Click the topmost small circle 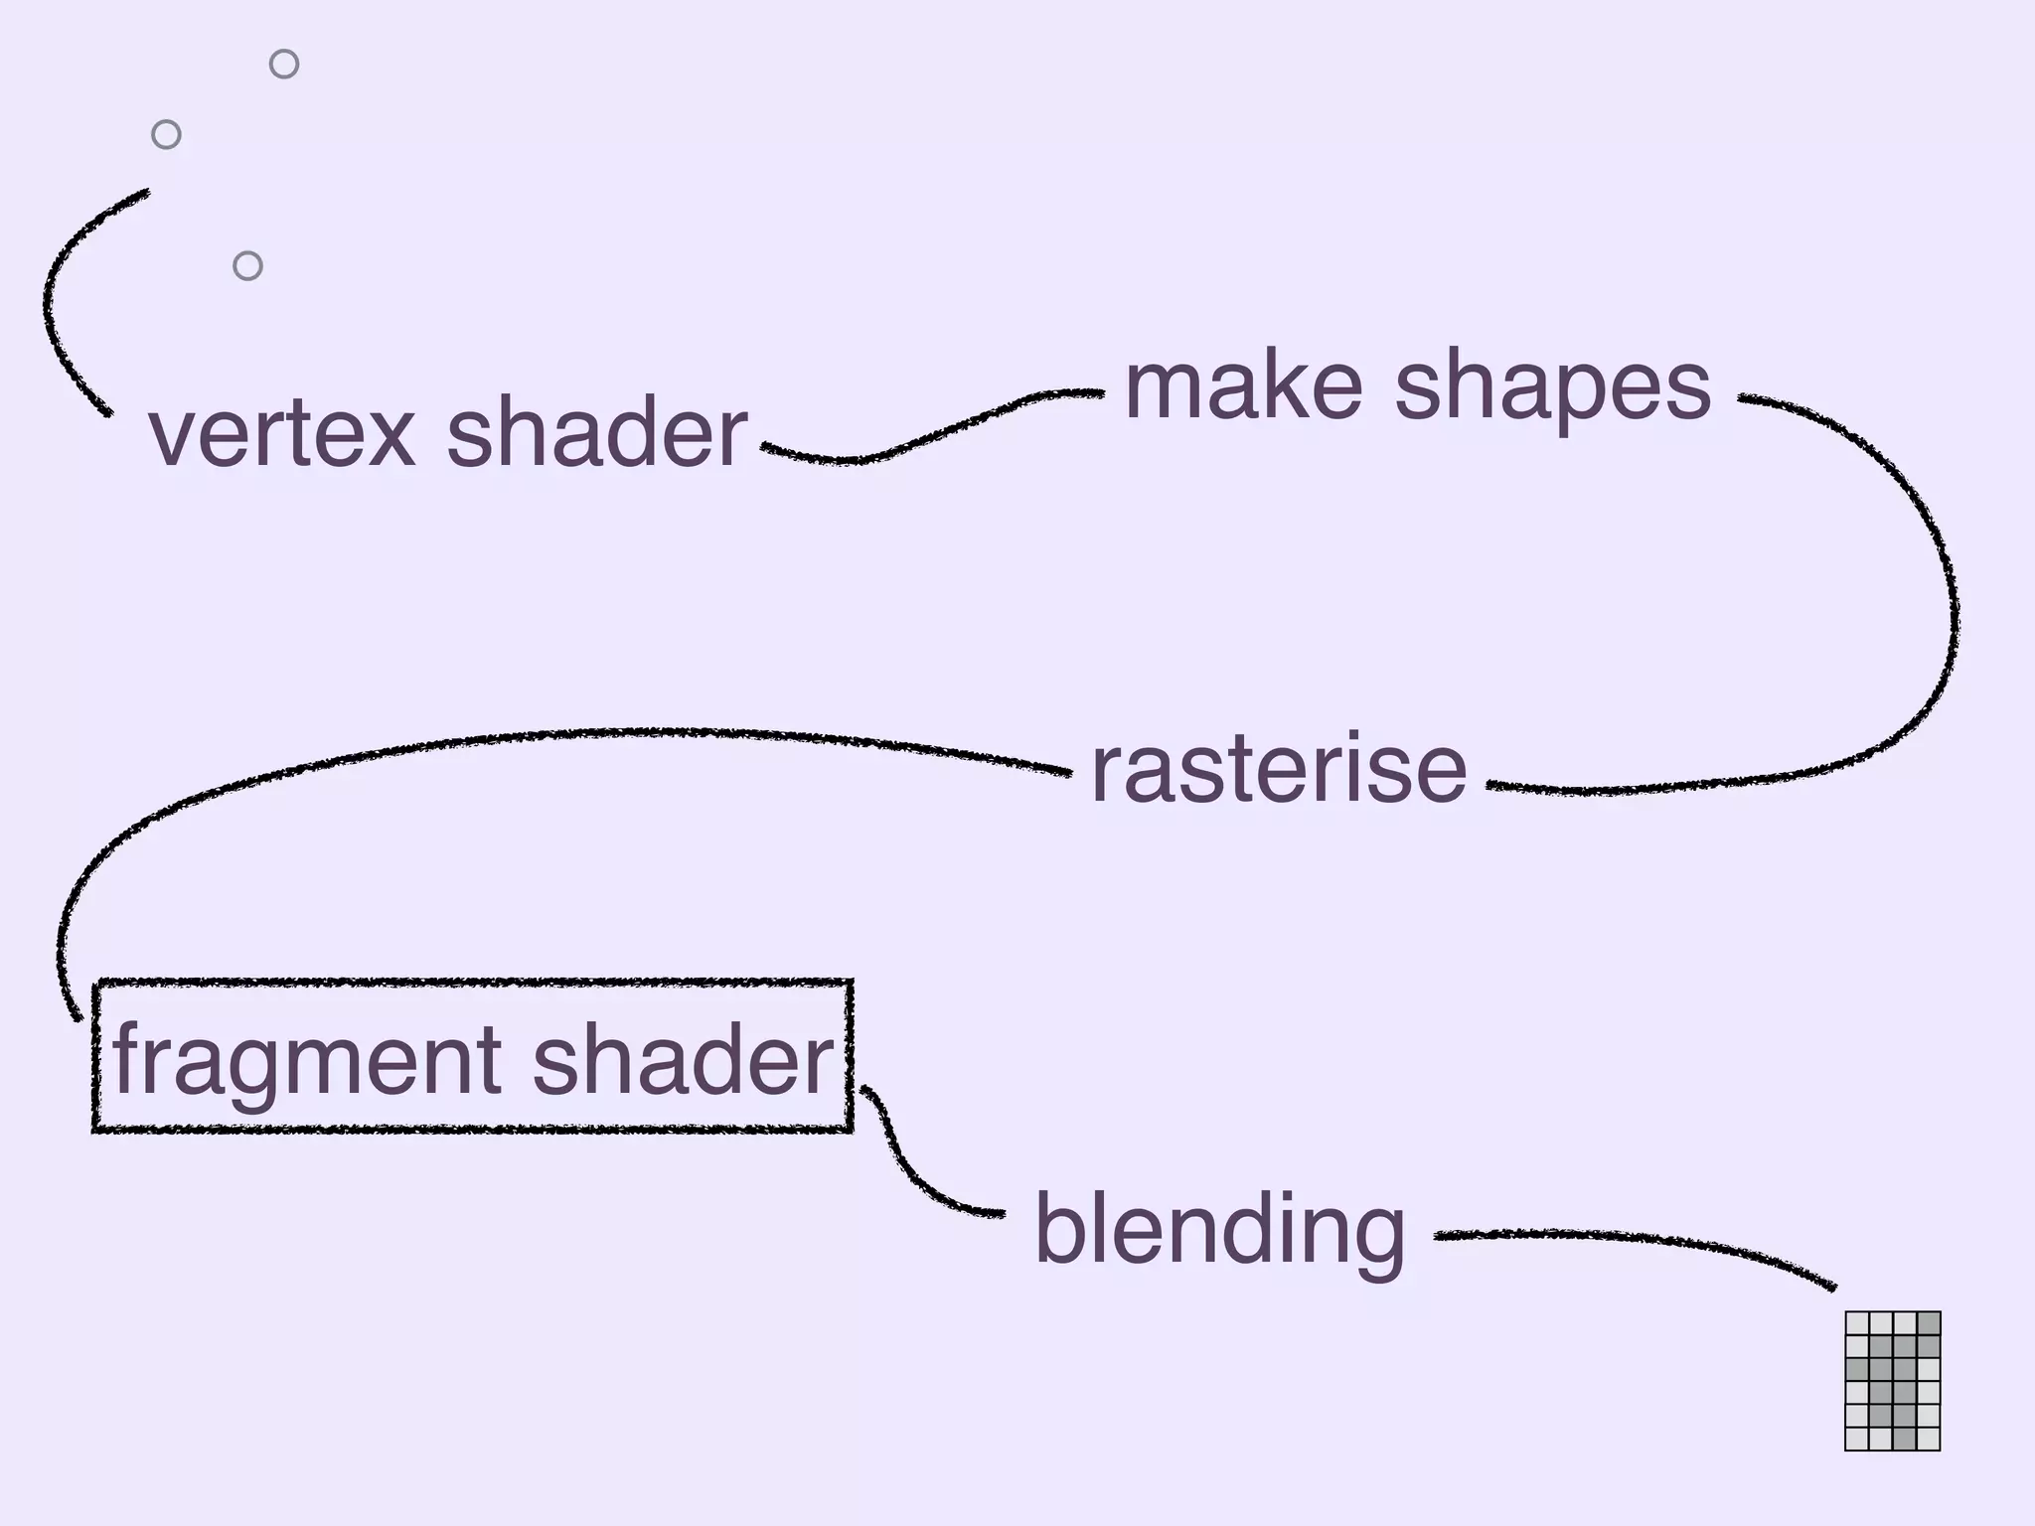[284, 65]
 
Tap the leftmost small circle [166, 134]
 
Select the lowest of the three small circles [247, 266]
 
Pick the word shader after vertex [596, 433]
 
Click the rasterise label [1279, 769]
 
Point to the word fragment [307, 1061]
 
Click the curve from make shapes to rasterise [1950, 596]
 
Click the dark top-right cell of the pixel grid [1929, 1324]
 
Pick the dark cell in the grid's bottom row [1905, 1439]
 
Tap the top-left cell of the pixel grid [1857, 1324]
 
